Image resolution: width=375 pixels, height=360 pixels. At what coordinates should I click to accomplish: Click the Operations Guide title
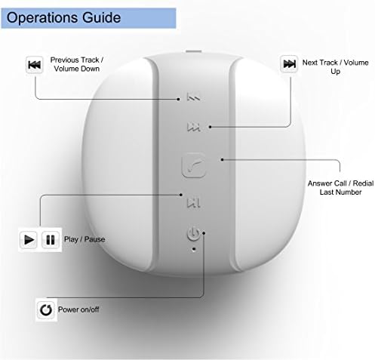pos(63,18)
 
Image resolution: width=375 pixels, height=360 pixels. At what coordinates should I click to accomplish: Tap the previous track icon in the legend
pos(35,65)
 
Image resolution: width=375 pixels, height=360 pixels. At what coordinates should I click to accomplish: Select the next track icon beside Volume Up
pos(289,64)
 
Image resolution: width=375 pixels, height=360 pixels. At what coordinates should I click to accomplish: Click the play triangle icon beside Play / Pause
pos(29,239)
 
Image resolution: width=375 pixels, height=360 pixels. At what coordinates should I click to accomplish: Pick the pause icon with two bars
pos(51,240)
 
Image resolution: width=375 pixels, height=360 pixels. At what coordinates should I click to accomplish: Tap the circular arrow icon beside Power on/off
pos(46,309)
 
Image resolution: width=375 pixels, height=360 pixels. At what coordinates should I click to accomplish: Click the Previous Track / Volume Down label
pos(77,64)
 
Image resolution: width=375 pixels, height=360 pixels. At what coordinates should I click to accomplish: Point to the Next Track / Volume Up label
pos(335,67)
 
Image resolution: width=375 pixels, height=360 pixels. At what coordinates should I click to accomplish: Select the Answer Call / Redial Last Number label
pos(340,188)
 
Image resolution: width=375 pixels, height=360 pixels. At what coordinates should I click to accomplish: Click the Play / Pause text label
pos(85,239)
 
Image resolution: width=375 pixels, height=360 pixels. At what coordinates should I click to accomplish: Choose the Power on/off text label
pos(78,309)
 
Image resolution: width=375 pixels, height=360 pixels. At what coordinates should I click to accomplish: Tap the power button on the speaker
pos(193,233)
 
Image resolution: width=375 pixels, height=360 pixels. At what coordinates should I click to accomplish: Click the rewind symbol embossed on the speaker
pos(193,97)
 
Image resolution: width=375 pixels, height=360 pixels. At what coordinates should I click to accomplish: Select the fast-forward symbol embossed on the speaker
pos(193,127)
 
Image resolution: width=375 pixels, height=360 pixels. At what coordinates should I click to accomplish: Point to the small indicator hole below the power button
pos(194,249)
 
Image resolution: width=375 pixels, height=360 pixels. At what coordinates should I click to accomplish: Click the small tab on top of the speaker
pos(193,51)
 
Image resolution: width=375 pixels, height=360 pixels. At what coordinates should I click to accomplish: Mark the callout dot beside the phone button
pos(222,159)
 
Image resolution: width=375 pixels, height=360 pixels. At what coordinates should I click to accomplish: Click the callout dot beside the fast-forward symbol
pos(210,127)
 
